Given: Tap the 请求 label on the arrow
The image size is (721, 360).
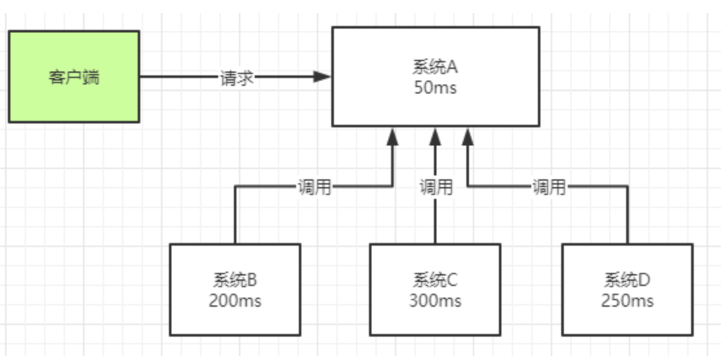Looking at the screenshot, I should (236, 77).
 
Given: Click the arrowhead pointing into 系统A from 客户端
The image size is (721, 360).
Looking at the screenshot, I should (322, 77).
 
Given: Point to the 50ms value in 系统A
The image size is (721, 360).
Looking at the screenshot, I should (435, 88).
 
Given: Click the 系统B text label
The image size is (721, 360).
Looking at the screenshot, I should (234, 280).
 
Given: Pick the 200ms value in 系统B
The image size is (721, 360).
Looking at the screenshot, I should (234, 301).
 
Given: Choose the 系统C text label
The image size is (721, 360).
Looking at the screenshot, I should (435, 280).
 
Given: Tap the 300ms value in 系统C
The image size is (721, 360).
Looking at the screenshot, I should (435, 301).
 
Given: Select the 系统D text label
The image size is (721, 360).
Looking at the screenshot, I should (627, 280).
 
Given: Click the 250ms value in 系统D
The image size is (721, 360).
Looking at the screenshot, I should (627, 301).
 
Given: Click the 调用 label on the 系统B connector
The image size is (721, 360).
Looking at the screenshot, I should (314, 188).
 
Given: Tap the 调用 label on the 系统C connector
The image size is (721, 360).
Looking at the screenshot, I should (435, 188).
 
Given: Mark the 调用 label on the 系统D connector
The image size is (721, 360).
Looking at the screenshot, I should (549, 188).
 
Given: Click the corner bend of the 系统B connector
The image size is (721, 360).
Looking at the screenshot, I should (235, 187).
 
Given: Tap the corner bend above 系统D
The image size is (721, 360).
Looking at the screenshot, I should (627, 187).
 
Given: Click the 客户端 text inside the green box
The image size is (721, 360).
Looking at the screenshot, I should (73, 77).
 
